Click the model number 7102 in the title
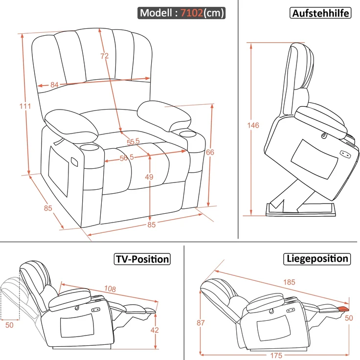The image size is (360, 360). click(191, 13)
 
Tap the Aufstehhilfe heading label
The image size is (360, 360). click(320, 13)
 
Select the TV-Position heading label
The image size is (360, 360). click(142, 259)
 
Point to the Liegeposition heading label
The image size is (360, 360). click(317, 259)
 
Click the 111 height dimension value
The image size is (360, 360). click(25, 106)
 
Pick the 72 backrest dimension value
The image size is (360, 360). click(105, 56)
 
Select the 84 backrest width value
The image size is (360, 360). click(54, 85)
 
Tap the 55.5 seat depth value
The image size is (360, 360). click(133, 141)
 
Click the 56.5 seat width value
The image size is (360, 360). click(127, 157)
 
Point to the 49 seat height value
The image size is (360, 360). click(149, 177)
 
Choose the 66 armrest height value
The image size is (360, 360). click(210, 152)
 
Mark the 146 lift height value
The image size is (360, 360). click(253, 125)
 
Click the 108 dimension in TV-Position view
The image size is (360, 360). click(110, 289)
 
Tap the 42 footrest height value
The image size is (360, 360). click(155, 330)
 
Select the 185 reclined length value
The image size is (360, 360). click(289, 282)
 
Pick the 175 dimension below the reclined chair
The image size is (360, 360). click(276, 356)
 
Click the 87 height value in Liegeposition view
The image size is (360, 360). click(201, 323)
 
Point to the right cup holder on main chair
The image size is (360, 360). click(186, 134)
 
